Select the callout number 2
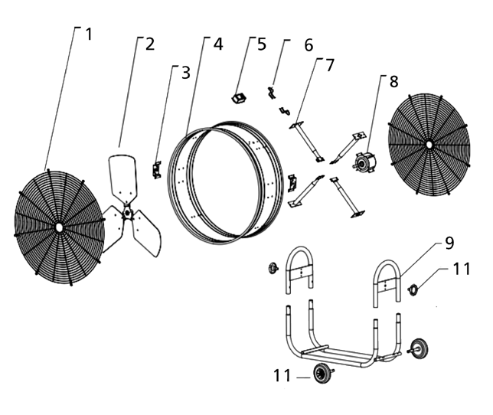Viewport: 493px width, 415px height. point(149,43)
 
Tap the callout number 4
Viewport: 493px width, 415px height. point(218,43)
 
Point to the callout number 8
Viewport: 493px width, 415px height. point(393,80)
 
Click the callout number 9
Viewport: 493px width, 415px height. point(449,243)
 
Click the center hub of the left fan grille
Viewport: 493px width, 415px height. point(59,227)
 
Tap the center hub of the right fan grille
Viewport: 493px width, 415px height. point(429,144)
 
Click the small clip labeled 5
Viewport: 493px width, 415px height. point(237,97)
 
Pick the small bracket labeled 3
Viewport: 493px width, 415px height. point(156,169)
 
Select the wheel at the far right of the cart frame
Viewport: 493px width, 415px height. point(419,346)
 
